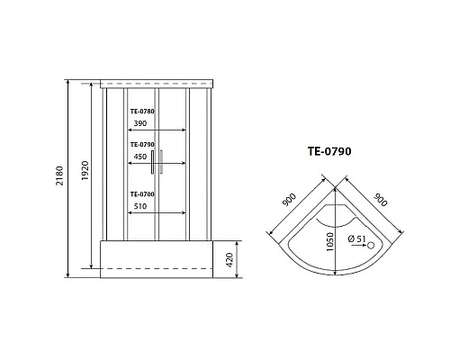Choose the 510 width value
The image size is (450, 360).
[141, 205]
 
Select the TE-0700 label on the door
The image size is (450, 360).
[142, 194]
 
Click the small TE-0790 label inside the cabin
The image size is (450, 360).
[142, 144]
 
